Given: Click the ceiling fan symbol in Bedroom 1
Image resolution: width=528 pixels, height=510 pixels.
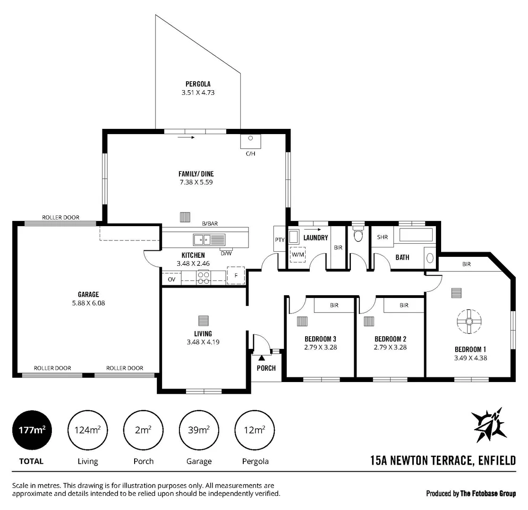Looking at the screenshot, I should (x=468, y=322).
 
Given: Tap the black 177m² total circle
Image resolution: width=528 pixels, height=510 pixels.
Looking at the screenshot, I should (x=32, y=430).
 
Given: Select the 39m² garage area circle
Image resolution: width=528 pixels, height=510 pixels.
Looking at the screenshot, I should (x=198, y=430).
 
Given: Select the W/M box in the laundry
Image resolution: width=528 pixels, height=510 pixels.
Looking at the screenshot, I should (x=298, y=254).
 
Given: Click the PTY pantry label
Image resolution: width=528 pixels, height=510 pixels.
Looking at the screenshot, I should (x=280, y=239).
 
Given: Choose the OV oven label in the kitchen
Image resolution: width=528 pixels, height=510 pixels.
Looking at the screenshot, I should (x=171, y=279).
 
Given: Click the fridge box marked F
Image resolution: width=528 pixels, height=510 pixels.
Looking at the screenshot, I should (x=236, y=276).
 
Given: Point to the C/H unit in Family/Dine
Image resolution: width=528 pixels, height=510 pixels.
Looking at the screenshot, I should (x=251, y=141).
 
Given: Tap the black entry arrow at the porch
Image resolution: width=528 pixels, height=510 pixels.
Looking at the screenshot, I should (x=261, y=359).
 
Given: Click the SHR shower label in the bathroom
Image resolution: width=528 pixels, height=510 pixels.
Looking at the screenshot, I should (x=382, y=237).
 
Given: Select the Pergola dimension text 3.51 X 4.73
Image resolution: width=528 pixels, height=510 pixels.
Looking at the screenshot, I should (x=198, y=93).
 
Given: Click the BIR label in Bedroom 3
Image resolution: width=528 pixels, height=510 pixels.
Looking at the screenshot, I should (x=334, y=306).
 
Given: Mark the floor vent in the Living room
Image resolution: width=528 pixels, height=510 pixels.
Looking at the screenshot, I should (x=203, y=321).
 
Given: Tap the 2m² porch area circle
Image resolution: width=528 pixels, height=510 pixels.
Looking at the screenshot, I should (x=143, y=430).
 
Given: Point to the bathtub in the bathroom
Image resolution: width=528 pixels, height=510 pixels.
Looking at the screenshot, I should (x=416, y=235).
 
